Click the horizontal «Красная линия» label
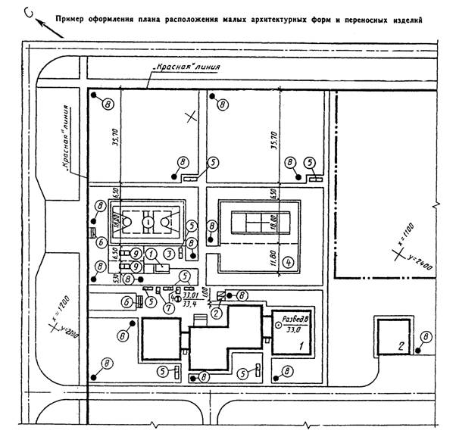[x=186, y=67]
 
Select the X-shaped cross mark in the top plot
[x=192, y=116]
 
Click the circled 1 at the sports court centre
[x=148, y=221]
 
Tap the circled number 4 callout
[x=288, y=264]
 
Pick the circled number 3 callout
[x=170, y=252]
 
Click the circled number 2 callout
[x=217, y=310]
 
